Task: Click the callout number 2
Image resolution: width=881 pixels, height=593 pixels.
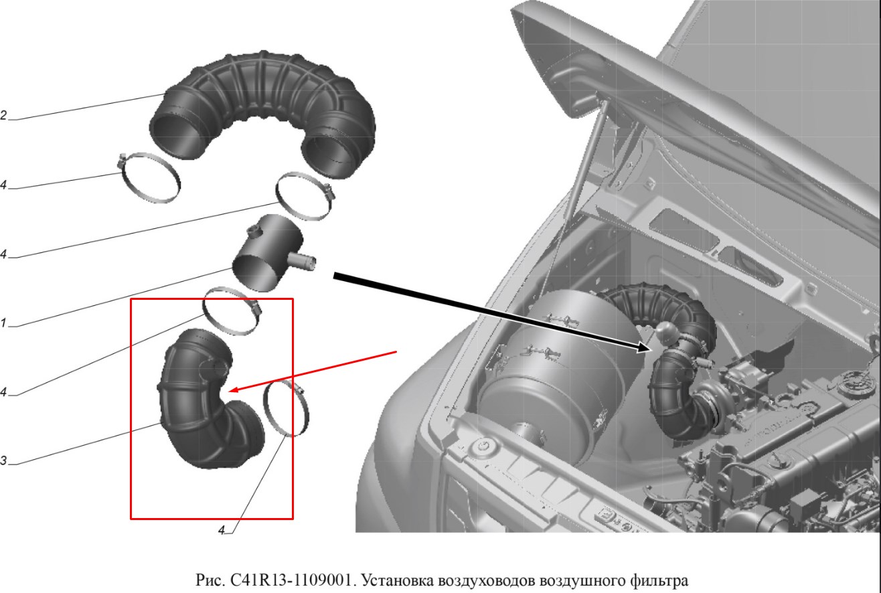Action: (x=3, y=116)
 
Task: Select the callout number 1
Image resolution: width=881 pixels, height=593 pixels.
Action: (x=3, y=323)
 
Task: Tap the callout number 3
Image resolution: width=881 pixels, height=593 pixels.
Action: (x=3, y=460)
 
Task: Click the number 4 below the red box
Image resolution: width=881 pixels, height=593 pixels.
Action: (x=222, y=531)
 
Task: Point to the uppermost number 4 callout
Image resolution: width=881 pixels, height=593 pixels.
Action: (x=3, y=185)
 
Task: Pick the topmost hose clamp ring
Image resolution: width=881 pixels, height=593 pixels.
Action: (x=149, y=178)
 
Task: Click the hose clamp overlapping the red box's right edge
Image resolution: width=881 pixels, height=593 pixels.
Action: (x=287, y=408)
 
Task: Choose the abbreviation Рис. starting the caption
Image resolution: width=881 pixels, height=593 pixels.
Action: (x=210, y=580)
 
